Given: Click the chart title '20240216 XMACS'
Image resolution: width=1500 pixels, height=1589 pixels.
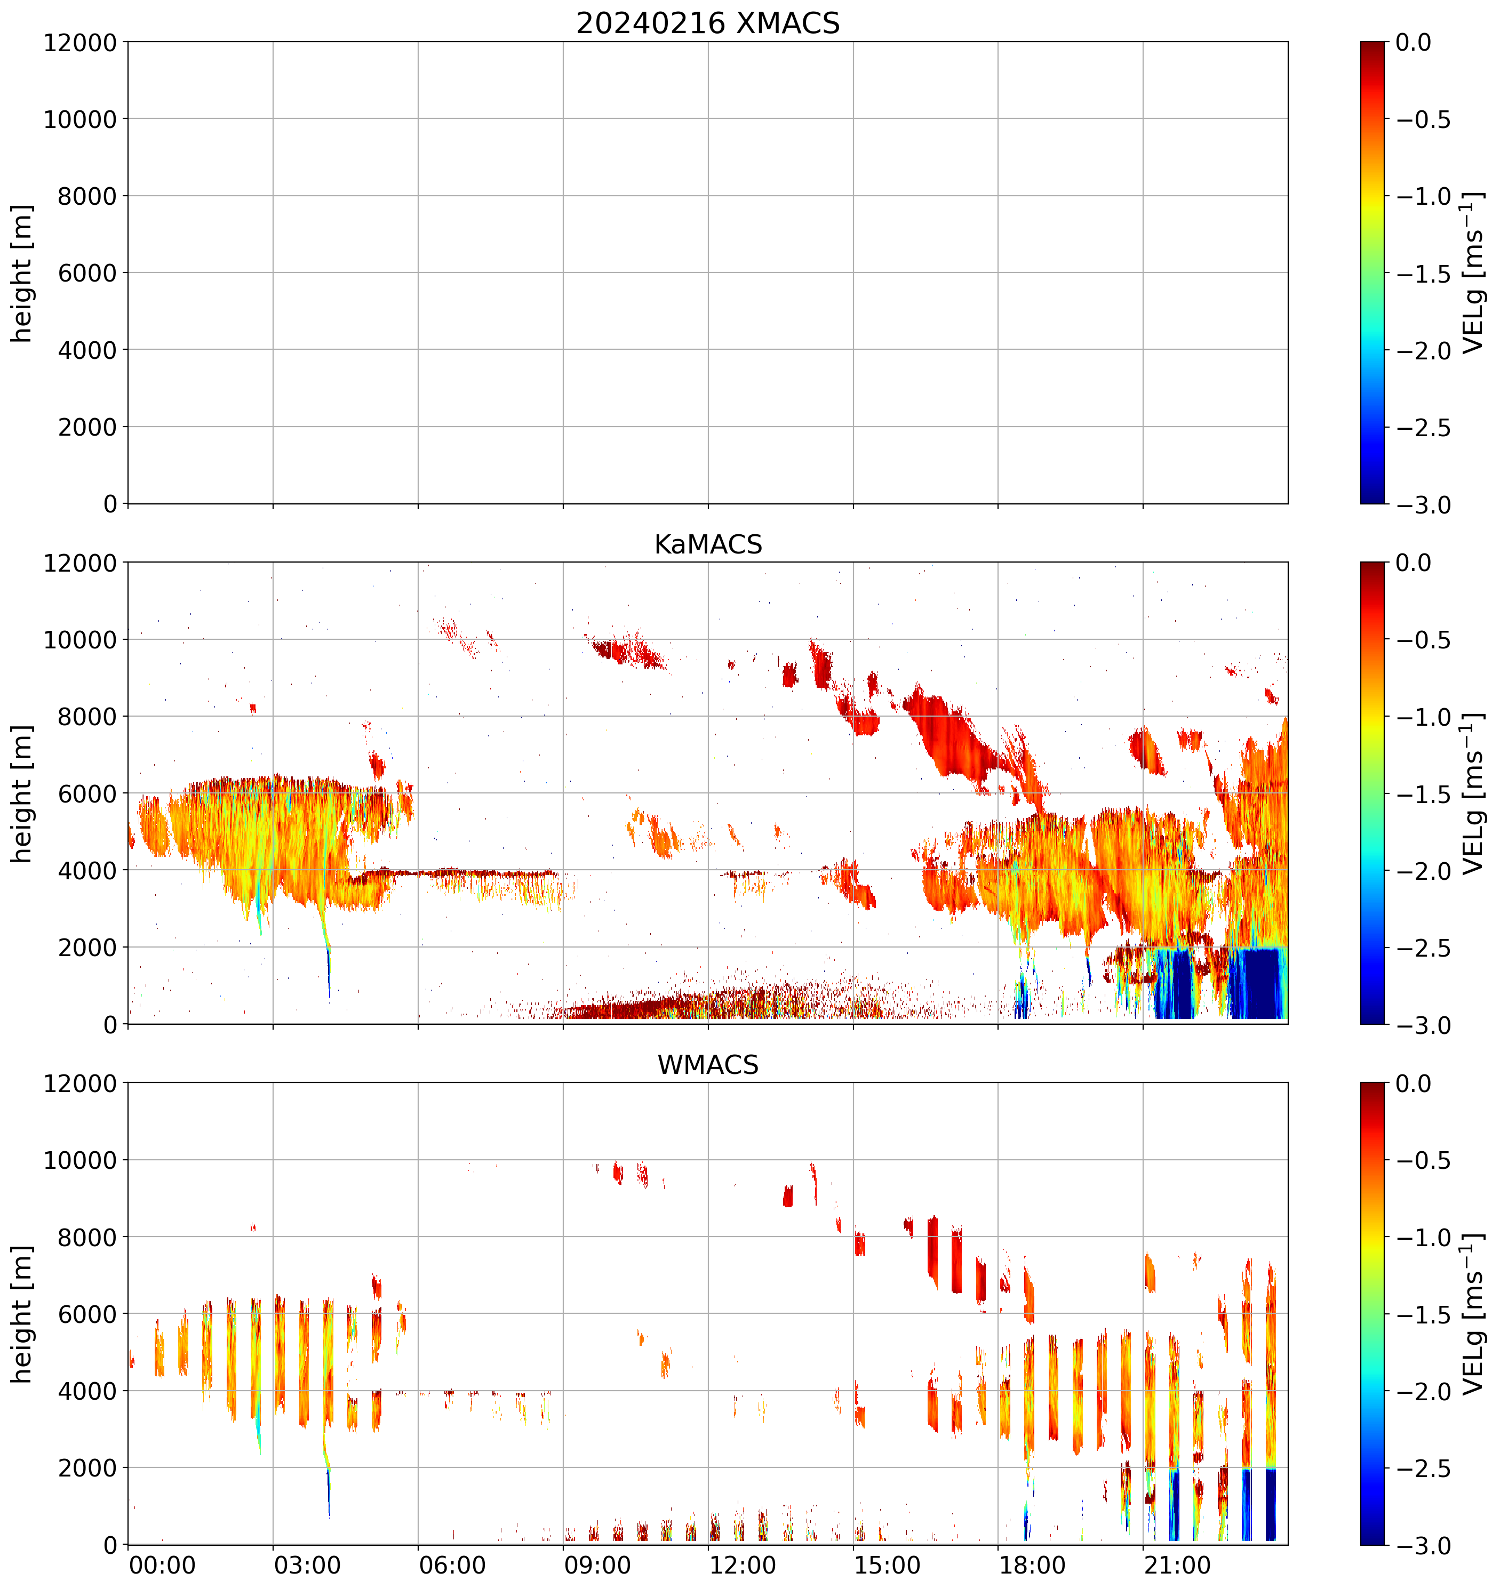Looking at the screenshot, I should (x=708, y=23).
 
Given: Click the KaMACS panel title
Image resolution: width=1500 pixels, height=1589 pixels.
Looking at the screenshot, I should (x=708, y=544).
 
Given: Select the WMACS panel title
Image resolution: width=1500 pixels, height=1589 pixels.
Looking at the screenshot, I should (x=708, y=1065).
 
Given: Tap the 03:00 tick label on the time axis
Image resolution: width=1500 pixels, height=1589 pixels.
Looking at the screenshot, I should (x=307, y=1565).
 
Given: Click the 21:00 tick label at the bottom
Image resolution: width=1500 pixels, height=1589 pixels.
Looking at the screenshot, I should (x=1177, y=1565).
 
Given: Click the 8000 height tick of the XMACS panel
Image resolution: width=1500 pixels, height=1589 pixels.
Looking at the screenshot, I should (x=87, y=196).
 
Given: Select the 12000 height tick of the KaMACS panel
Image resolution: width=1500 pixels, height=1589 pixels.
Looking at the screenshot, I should (x=80, y=563).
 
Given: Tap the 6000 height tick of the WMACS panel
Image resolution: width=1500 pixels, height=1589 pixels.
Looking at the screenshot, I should (x=87, y=1314).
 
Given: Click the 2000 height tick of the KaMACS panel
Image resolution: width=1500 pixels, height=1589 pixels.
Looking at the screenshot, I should (x=87, y=947).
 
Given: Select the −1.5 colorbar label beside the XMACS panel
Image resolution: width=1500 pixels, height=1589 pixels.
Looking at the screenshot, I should (x=1423, y=274).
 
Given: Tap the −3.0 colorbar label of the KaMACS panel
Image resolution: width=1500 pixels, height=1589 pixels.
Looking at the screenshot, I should (x=1423, y=1025).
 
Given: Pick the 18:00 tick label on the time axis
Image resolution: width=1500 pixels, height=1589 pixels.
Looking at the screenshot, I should (x=1032, y=1565).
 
